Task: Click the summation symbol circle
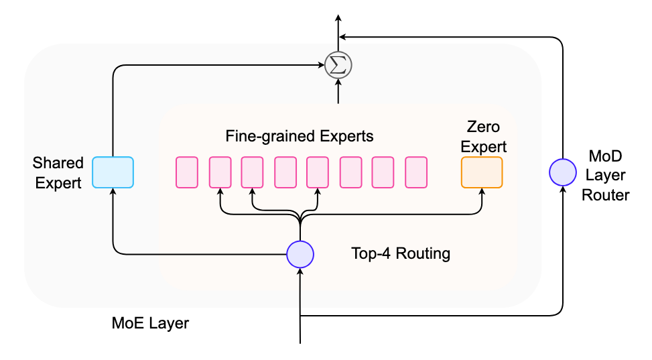pyautogui.click(x=338, y=66)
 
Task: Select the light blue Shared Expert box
pyautogui.click(x=113, y=172)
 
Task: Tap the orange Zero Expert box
pyautogui.click(x=482, y=172)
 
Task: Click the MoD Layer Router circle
pyautogui.click(x=562, y=172)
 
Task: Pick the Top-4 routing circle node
pyautogui.click(x=300, y=253)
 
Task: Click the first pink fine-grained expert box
pyautogui.click(x=187, y=172)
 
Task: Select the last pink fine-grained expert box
pyautogui.click(x=416, y=172)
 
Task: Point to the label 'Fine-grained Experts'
pyautogui.click(x=300, y=136)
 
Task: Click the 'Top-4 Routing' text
pyautogui.click(x=401, y=254)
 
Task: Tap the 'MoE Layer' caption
pyautogui.click(x=150, y=323)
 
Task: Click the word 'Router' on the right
pyautogui.click(x=606, y=195)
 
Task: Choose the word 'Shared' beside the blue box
pyautogui.click(x=58, y=163)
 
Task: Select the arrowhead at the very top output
pyautogui.click(x=338, y=17)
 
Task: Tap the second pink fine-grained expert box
pyautogui.click(x=220, y=172)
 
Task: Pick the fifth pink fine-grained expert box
pyautogui.click(x=318, y=172)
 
